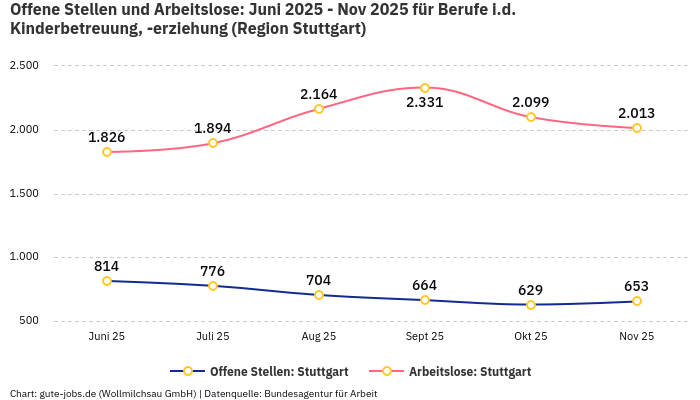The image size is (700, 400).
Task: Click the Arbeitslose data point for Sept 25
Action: coord(425,88)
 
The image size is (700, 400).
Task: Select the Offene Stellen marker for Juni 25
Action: coord(107,281)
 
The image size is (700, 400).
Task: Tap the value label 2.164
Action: coord(319,94)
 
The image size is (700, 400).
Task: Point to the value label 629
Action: coord(531,290)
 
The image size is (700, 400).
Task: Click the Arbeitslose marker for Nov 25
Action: coord(637,128)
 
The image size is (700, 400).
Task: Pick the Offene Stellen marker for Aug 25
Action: coord(319,295)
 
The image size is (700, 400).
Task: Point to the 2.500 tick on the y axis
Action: coord(24,65)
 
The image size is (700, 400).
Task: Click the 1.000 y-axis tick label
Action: coord(24,257)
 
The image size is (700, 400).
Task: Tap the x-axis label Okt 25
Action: coord(531,337)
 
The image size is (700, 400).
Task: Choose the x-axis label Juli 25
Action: coord(213,337)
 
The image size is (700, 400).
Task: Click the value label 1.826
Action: coord(107,137)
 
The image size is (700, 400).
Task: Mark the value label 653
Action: coord(637,286)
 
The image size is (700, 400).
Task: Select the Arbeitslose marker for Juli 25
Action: coord(213,143)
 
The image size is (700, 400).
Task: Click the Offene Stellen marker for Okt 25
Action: coord(531,305)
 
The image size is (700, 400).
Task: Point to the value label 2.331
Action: coord(425,103)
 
